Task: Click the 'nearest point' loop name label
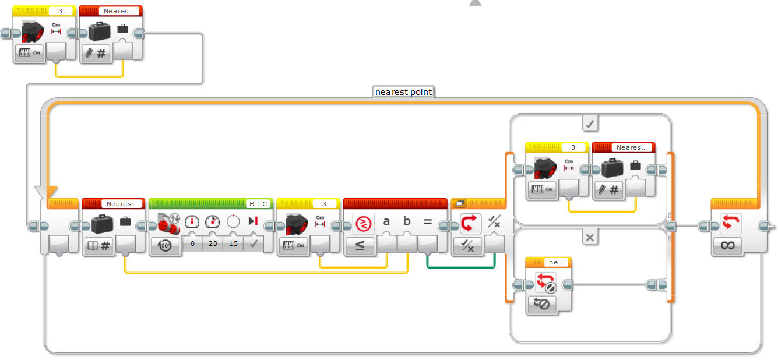[x=403, y=92]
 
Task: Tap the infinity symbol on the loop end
[x=727, y=245]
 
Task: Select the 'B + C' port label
[x=258, y=204]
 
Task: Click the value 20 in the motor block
[x=213, y=243]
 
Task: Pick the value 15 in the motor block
[x=233, y=243]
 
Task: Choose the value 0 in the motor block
[x=192, y=243]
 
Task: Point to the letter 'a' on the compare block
[x=386, y=221]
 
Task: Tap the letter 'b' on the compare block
[x=407, y=221]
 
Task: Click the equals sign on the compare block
[x=427, y=221]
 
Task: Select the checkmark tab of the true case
[x=590, y=123]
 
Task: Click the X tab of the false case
[x=590, y=237]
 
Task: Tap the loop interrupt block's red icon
[x=543, y=282]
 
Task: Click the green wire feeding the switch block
[x=460, y=267]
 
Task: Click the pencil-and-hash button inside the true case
[x=608, y=190]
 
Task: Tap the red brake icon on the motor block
[x=252, y=221]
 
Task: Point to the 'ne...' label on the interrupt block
[x=555, y=262]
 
